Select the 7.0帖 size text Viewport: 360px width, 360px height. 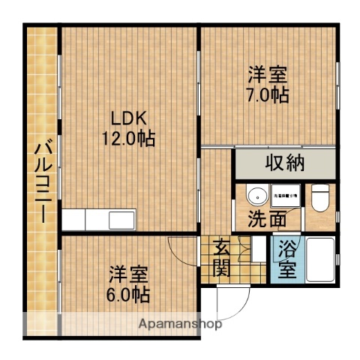point(269,96)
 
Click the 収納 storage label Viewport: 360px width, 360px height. point(283,163)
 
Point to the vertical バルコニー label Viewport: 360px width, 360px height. point(41,180)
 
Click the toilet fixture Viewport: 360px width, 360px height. point(319,197)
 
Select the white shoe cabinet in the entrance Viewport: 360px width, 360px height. point(258,250)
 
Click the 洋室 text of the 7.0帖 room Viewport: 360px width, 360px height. point(269,76)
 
